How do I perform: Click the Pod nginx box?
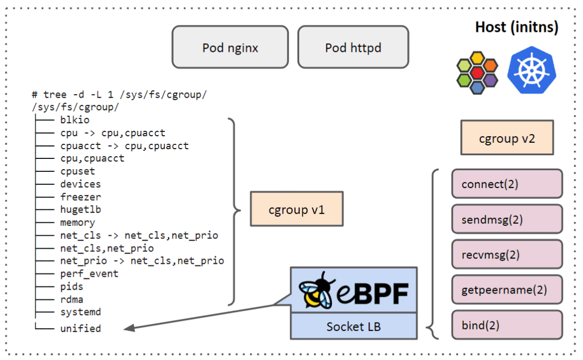click(230, 48)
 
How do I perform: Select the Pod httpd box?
click(353, 48)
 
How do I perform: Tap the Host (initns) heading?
click(516, 26)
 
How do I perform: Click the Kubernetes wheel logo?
click(532, 70)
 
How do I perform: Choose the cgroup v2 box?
click(507, 138)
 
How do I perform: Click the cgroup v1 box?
click(296, 209)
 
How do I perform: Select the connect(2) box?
click(507, 184)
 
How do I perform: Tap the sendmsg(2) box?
click(507, 219)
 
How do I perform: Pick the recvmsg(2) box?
click(507, 255)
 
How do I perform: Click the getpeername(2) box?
click(507, 290)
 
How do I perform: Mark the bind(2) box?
click(507, 325)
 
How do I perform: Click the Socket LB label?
click(353, 327)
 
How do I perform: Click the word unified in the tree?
click(81, 328)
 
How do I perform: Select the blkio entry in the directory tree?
click(75, 120)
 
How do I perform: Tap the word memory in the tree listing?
click(77, 222)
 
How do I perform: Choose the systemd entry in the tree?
click(81, 312)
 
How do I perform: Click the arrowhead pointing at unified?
click(128, 328)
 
